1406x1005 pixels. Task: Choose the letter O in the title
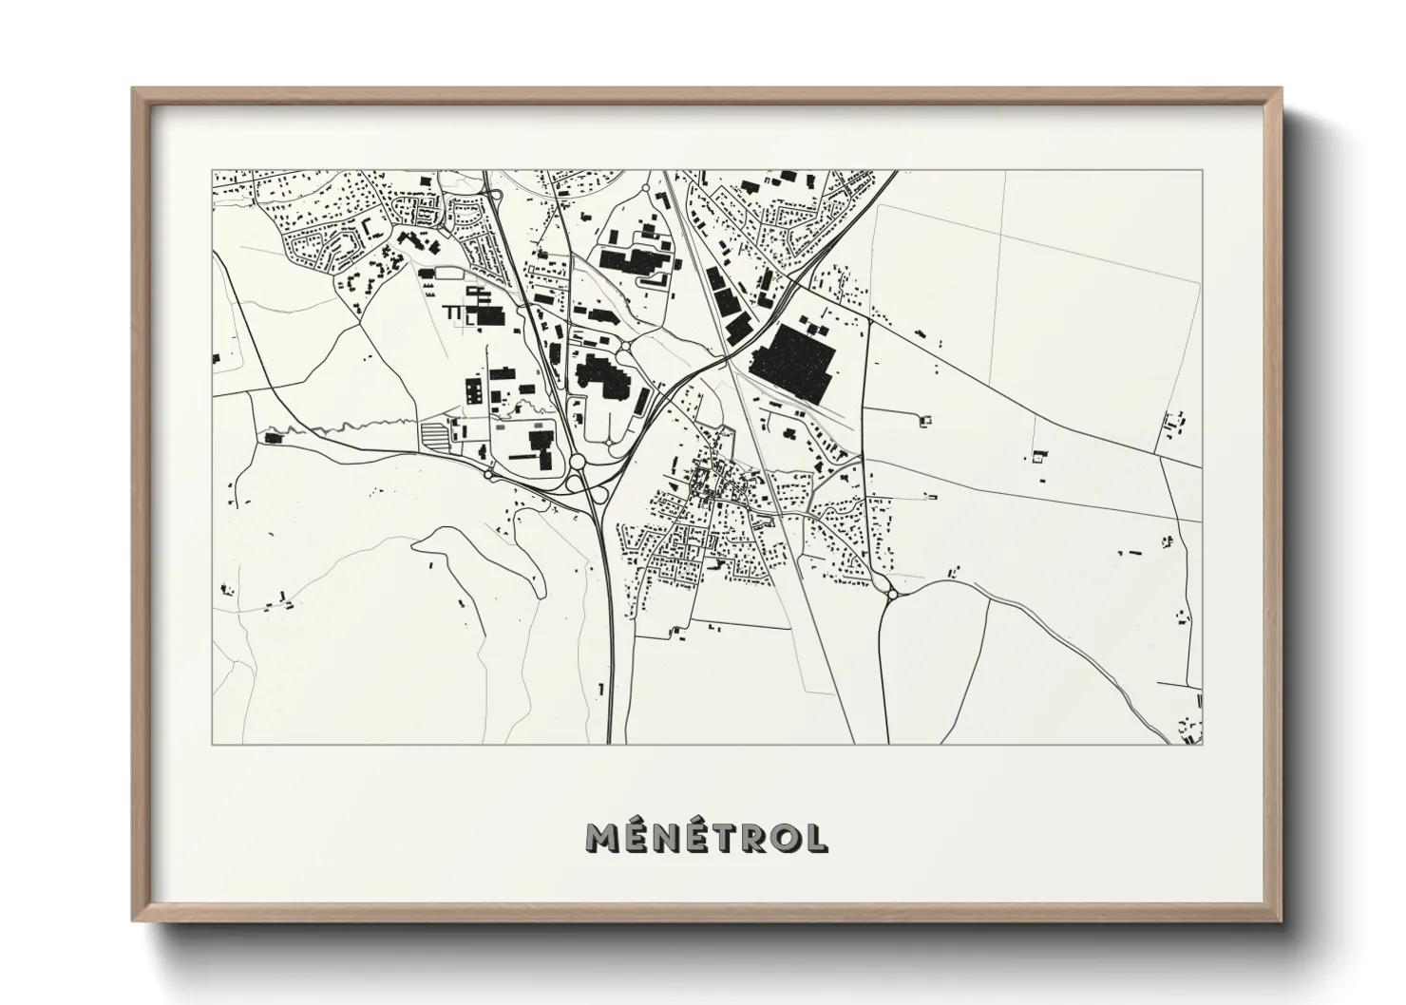click(x=784, y=837)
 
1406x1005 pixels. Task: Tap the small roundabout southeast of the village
click(x=892, y=595)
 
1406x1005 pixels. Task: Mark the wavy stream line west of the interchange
click(x=361, y=427)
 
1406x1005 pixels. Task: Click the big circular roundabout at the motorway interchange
click(x=577, y=463)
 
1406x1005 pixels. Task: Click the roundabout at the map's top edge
click(x=647, y=189)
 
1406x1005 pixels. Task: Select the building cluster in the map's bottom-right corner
click(x=1190, y=726)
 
